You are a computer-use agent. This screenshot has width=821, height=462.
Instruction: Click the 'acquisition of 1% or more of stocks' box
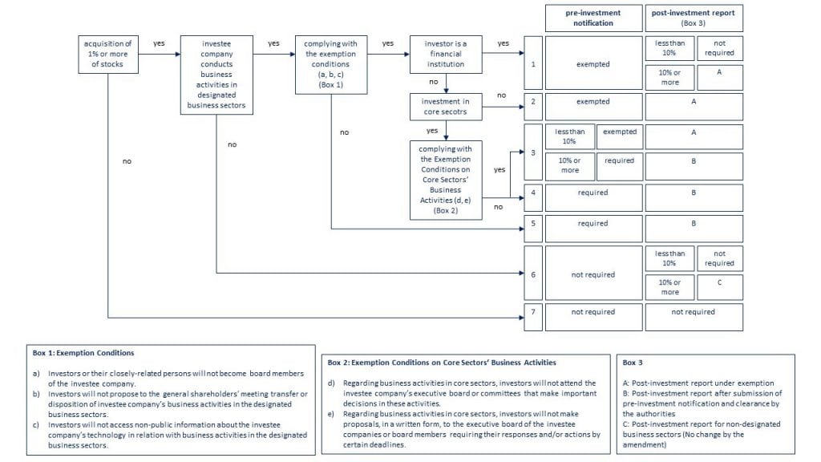(x=108, y=54)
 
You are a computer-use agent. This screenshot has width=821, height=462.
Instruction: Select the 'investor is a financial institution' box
(x=446, y=54)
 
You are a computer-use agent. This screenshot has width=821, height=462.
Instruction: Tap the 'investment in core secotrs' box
(x=446, y=107)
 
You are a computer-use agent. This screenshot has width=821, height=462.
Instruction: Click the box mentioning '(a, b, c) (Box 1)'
(x=331, y=64)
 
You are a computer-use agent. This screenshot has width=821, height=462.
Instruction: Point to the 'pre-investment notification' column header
(x=593, y=18)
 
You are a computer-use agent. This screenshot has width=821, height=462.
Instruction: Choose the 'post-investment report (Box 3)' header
(x=694, y=18)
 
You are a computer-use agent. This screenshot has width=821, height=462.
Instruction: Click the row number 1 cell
(x=533, y=63)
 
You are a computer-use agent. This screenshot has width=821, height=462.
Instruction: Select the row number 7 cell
(x=533, y=317)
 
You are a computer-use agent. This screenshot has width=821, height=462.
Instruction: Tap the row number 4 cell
(x=533, y=197)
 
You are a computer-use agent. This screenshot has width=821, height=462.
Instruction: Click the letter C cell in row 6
(x=719, y=287)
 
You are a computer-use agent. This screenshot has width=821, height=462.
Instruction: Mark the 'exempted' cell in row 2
(x=593, y=107)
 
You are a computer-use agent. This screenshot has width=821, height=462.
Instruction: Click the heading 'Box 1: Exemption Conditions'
(x=83, y=353)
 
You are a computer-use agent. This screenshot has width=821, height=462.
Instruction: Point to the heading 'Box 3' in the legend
(x=633, y=363)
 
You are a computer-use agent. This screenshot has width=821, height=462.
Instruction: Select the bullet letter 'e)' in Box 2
(x=331, y=414)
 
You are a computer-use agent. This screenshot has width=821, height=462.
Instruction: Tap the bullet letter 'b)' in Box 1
(x=36, y=394)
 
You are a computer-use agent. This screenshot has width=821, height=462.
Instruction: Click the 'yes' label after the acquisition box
(x=160, y=43)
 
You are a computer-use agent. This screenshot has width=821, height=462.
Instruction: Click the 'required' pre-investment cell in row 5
(x=593, y=229)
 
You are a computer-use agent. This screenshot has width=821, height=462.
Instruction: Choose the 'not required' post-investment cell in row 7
(x=694, y=317)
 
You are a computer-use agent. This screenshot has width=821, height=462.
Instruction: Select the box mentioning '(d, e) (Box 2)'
(x=446, y=180)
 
